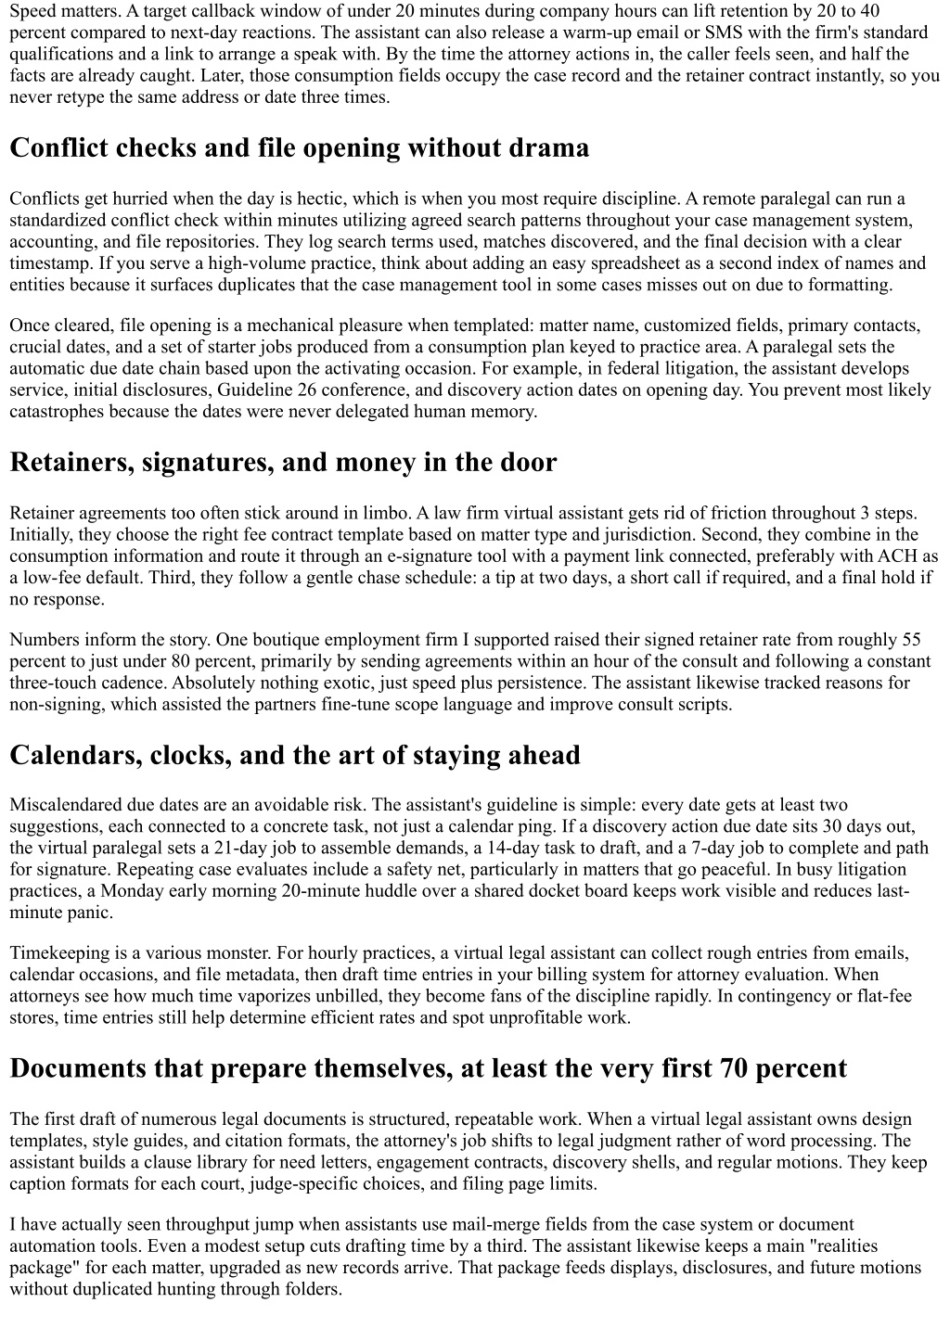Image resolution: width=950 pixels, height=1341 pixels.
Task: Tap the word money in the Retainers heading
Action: tap(360, 462)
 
